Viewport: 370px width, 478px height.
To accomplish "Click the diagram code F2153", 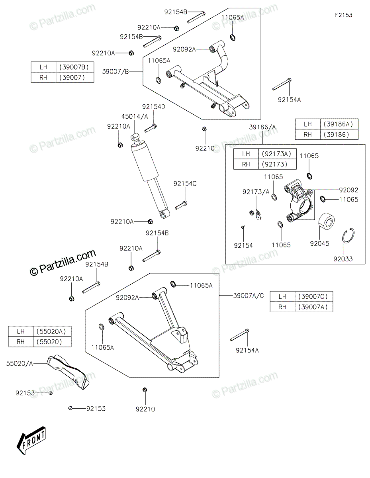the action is pos(343,15).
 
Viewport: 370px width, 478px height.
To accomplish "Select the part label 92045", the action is pos(319,243).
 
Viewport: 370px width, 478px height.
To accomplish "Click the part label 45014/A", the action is pos(135,116).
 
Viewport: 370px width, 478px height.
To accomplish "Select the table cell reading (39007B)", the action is pos(75,67).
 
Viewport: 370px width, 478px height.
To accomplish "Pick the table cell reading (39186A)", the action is pos(339,124).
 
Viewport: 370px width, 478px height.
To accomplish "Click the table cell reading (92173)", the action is pos(278,164).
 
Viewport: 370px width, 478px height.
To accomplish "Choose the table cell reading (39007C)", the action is pos(314,296).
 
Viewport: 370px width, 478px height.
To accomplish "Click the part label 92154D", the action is pos(153,107).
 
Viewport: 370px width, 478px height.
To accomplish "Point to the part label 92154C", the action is pos(185,184).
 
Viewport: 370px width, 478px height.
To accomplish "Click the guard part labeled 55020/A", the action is pos(68,372).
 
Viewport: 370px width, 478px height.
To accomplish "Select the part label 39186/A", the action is pos(262,127).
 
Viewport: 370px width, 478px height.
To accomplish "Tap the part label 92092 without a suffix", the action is pos(348,190).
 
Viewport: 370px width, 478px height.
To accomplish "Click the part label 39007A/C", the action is pos(249,296).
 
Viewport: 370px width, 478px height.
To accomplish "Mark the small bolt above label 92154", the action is pos(243,227).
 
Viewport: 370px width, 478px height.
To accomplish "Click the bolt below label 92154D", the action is pos(151,128).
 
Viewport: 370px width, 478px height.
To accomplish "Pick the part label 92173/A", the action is pos(256,192).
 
